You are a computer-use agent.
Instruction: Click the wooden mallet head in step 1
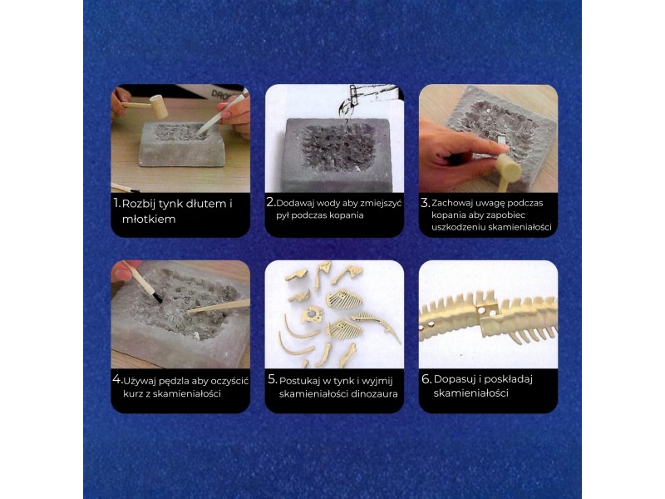(x=160, y=106)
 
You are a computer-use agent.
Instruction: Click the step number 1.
(x=116, y=203)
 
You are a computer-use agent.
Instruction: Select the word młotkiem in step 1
(x=149, y=219)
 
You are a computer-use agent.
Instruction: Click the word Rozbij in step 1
(x=138, y=204)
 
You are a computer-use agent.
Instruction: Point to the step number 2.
(x=271, y=202)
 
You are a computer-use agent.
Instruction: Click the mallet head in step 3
(x=508, y=168)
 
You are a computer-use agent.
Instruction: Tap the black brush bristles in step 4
(x=156, y=297)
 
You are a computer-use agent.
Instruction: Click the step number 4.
(x=117, y=380)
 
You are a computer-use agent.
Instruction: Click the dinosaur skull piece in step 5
(x=312, y=315)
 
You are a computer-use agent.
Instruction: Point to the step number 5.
(x=273, y=380)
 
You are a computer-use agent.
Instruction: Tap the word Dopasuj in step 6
(x=454, y=380)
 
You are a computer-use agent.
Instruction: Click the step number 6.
(x=426, y=379)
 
